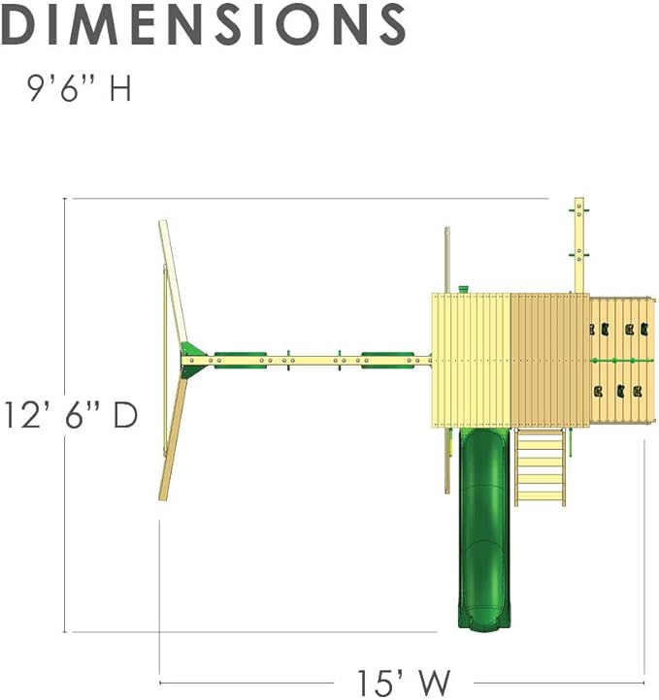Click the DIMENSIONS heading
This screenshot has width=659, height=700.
coord(203,24)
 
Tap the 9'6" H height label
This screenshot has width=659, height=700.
coord(79,88)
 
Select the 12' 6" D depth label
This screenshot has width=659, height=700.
coord(71,415)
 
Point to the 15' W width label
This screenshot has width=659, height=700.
coord(403,683)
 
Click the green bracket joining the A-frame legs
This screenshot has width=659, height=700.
coord(193,360)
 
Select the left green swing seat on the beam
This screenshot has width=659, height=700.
coord(241,361)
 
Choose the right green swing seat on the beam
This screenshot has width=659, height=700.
coord(387,361)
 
